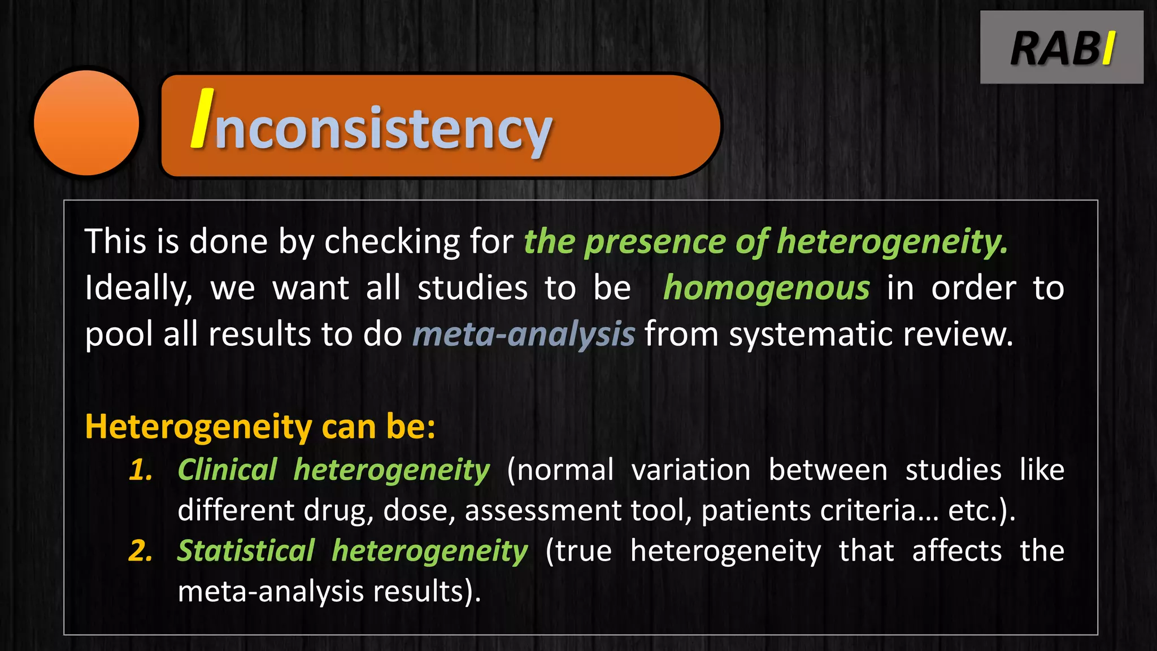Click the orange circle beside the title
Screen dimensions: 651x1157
click(x=86, y=123)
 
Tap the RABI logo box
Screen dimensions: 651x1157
click(x=1062, y=47)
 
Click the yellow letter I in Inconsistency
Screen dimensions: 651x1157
click(x=203, y=119)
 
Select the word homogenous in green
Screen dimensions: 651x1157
click(x=766, y=288)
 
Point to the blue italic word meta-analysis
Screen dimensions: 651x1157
click(x=524, y=334)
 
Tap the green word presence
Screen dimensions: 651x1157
click(x=655, y=242)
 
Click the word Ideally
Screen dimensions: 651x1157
click(x=138, y=288)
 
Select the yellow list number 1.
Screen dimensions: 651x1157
click(x=141, y=470)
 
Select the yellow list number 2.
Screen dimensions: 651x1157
click(x=141, y=551)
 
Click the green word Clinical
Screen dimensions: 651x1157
click(x=227, y=470)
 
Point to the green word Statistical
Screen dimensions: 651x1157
click(x=246, y=551)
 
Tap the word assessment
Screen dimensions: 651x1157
click(x=542, y=511)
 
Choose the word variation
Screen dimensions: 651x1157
click(x=690, y=470)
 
